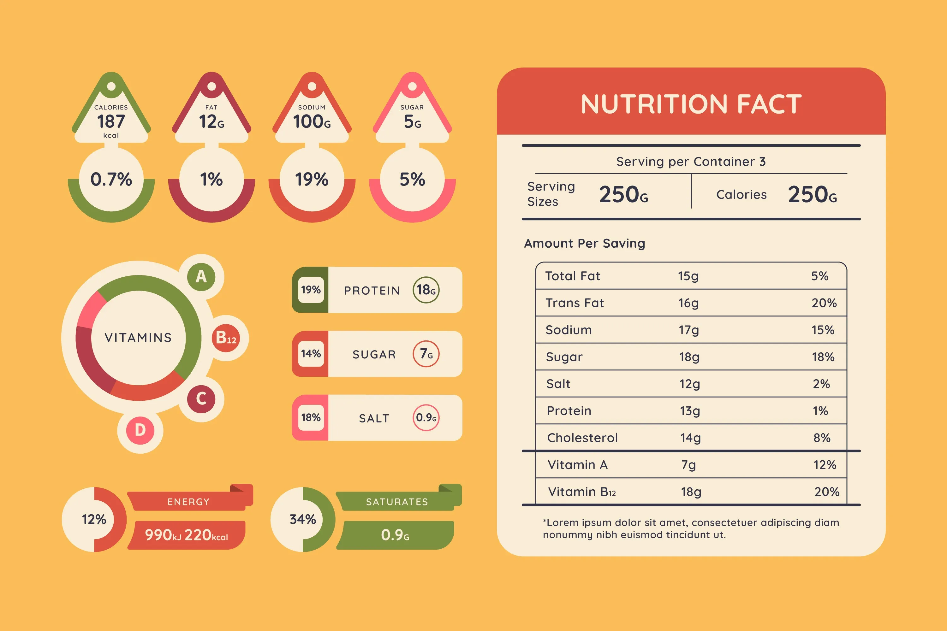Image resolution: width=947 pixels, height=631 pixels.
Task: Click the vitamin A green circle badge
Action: (x=201, y=276)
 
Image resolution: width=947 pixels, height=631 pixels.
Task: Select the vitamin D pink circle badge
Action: (x=140, y=430)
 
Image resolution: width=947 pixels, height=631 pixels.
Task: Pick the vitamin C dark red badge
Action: (x=201, y=398)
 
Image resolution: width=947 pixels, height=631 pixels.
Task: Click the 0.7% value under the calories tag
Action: (x=111, y=180)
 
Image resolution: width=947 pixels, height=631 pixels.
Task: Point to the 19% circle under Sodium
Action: (x=312, y=180)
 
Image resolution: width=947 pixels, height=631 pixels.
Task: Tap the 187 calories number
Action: (x=111, y=121)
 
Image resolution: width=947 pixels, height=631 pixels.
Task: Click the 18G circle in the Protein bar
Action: (x=426, y=290)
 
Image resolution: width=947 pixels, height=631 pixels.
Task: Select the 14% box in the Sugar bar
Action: (x=311, y=354)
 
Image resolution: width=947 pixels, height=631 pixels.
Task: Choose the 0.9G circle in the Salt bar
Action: (x=426, y=418)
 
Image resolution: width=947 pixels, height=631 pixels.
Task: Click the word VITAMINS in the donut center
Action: (x=138, y=338)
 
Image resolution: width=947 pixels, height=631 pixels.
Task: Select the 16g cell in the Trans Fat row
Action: (x=688, y=303)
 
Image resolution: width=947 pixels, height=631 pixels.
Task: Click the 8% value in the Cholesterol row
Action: (x=822, y=438)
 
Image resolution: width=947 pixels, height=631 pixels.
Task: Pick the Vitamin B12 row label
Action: (x=582, y=492)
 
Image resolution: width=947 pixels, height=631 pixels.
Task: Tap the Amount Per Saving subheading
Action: (x=584, y=244)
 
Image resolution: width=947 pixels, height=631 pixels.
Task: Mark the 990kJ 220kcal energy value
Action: (x=187, y=535)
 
